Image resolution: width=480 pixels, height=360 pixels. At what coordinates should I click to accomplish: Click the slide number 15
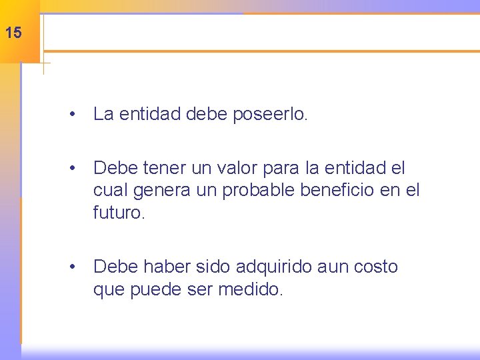[x=13, y=32]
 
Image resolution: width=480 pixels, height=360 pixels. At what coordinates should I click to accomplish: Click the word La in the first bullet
[x=103, y=114]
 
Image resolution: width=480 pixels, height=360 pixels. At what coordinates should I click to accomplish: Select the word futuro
[x=119, y=213]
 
